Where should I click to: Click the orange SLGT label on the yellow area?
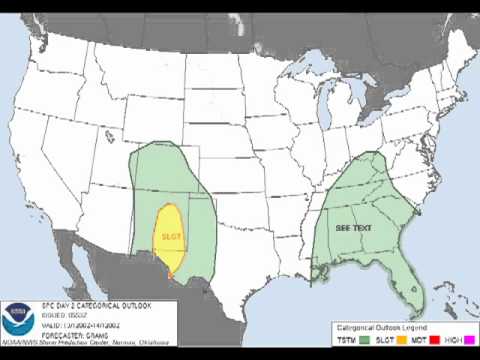pos(172,238)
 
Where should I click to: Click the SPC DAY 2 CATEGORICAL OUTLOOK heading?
pos(85,304)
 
